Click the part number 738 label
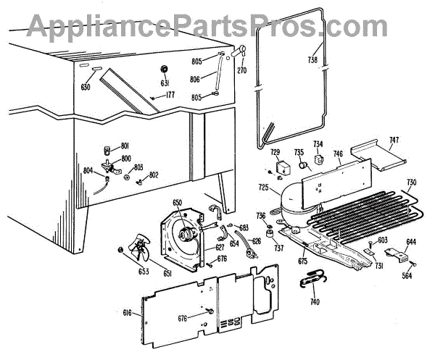point(313,60)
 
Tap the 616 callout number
point(128,313)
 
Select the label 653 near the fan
point(124,272)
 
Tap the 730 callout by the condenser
point(411,182)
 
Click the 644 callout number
point(410,241)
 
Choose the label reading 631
point(165,82)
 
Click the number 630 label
point(86,87)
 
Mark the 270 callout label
point(241,70)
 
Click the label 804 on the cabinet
point(88,171)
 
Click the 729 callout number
point(275,153)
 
